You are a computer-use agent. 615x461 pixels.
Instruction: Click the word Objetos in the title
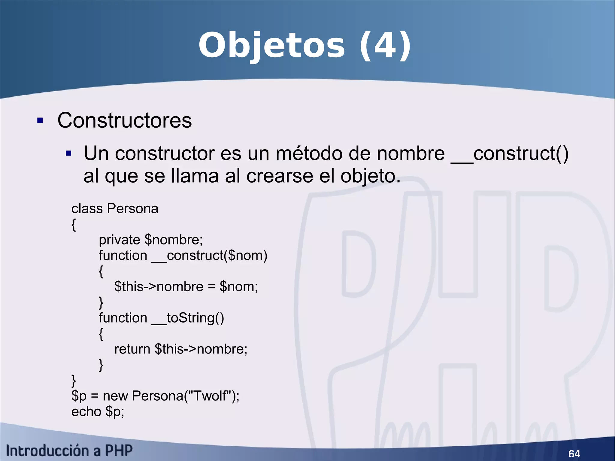[x=271, y=46]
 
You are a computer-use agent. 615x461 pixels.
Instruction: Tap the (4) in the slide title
[x=385, y=46]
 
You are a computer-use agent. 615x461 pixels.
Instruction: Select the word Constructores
[x=124, y=120]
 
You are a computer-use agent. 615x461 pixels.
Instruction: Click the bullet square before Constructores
[x=40, y=121]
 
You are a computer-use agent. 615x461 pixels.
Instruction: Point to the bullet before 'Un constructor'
[x=68, y=153]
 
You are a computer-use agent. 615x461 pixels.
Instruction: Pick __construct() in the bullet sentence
[x=510, y=153]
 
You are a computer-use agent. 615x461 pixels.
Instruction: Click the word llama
[x=195, y=176]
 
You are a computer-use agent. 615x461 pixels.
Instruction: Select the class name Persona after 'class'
[x=133, y=208]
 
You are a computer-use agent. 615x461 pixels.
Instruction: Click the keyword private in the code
[x=120, y=240]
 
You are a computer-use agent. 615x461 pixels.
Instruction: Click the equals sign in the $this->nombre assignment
[x=211, y=287]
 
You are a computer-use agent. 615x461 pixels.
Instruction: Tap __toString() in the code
[x=188, y=318]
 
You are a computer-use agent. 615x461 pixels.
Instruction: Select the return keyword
[x=132, y=349]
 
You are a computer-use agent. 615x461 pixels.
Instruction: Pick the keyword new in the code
[x=115, y=396]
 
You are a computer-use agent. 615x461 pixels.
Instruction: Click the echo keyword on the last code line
[x=86, y=411]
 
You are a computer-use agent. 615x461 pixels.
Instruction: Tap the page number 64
[x=574, y=453]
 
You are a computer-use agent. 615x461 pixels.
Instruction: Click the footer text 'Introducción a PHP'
[x=69, y=451]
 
